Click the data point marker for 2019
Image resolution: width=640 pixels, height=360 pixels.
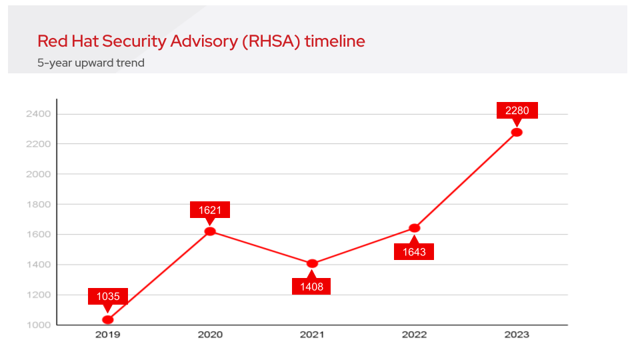108,320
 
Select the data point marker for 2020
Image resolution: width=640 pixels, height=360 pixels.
210,231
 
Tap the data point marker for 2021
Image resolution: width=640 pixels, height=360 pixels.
312,263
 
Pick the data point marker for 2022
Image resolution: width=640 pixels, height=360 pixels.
414,228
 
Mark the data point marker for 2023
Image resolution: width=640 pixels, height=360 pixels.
517,132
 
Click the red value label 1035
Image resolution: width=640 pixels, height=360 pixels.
108,297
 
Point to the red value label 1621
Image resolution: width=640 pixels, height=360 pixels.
210,210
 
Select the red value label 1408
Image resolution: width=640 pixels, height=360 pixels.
312,287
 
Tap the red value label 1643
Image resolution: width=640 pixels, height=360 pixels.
414,251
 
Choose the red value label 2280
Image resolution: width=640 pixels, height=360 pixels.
517,111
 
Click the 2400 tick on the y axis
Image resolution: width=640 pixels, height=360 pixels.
39,114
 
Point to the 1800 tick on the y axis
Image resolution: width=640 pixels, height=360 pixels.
39,205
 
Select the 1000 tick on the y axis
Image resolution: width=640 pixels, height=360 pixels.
39,325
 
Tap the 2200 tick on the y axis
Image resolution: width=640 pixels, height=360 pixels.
39,144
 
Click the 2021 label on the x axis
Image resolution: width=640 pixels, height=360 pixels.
312,335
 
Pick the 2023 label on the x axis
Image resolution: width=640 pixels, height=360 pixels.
517,335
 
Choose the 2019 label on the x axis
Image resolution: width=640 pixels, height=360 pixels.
108,335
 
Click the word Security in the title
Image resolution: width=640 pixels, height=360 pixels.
136,41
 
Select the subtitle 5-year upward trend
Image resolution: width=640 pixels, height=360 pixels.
91,63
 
